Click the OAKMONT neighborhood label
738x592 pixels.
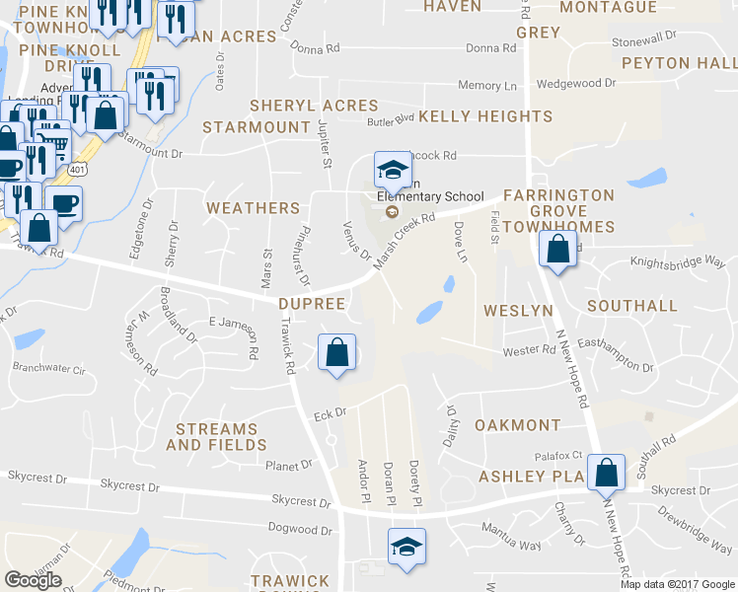(517, 425)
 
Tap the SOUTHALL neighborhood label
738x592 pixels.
(632, 307)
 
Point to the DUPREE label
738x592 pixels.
(312, 304)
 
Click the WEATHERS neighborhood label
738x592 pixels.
(253, 208)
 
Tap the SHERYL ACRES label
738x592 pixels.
(314, 106)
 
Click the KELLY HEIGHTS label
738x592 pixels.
(485, 116)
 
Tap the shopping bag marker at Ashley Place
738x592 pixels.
(605, 472)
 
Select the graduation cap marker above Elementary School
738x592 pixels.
(392, 170)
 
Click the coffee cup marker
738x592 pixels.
(64, 204)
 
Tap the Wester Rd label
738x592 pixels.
(530, 350)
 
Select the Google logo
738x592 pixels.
(34, 580)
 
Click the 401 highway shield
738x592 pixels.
(77, 170)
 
